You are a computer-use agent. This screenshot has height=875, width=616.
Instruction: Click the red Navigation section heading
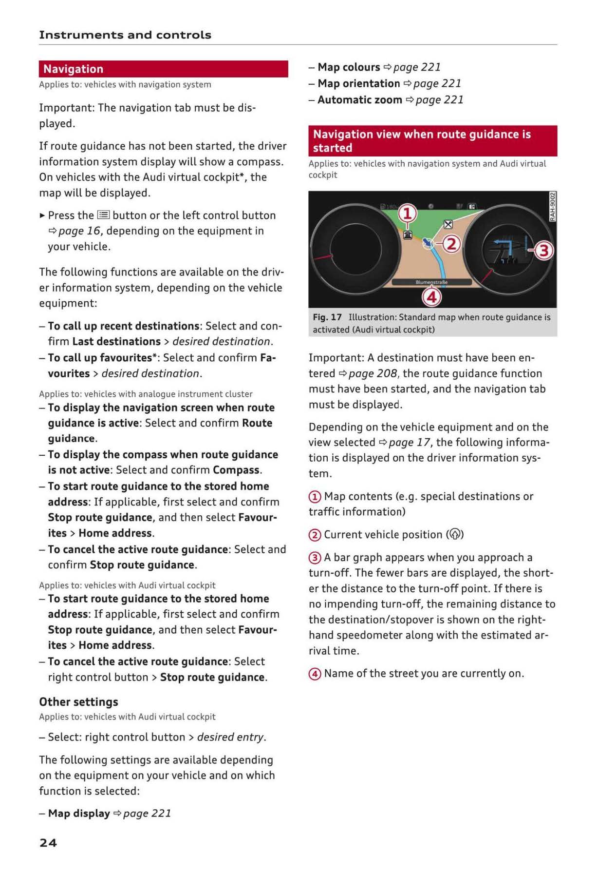[73, 69]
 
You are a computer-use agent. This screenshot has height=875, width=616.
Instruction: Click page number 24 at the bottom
[48, 843]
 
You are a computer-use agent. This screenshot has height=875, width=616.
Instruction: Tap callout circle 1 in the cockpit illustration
[408, 214]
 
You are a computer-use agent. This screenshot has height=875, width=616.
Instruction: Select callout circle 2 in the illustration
[451, 244]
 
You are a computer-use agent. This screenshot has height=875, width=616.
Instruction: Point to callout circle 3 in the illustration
[543, 251]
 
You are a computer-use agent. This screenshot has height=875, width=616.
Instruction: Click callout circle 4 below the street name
[431, 297]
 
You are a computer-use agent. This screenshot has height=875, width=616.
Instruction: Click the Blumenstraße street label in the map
[431, 282]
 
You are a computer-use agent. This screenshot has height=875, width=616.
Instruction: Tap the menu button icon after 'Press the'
[103, 215]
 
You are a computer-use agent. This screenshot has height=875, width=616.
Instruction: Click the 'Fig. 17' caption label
[327, 317]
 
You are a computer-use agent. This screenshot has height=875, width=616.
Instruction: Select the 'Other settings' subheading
[79, 702]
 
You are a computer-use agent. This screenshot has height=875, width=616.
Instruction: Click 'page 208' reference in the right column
[373, 373]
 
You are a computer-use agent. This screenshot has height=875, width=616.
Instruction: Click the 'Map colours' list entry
[349, 67]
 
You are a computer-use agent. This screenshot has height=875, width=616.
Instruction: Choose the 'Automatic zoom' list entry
[360, 100]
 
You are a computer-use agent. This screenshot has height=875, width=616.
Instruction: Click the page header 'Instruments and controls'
[125, 35]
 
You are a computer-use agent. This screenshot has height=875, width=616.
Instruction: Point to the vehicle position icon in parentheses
[455, 535]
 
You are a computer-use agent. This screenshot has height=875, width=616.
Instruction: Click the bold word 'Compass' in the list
[236, 470]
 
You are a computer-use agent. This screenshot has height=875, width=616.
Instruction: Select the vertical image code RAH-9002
[552, 207]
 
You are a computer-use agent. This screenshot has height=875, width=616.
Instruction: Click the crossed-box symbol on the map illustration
[448, 224]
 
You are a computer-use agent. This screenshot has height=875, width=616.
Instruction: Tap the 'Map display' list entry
[79, 814]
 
